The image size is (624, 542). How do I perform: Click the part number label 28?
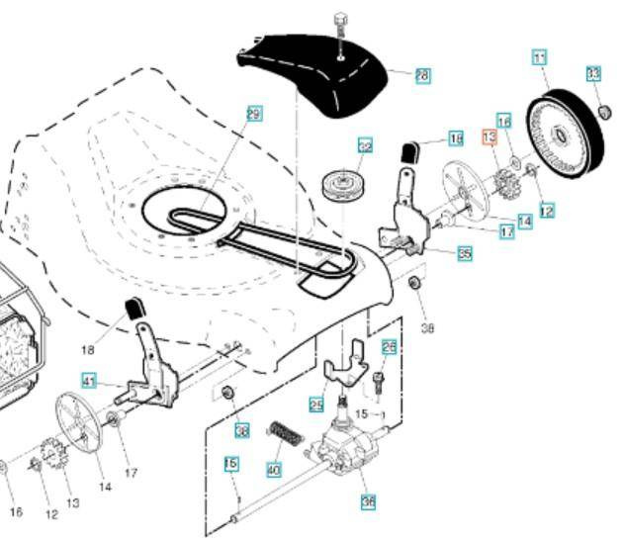click(x=422, y=75)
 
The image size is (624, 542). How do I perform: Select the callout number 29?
click(x=254, y=115)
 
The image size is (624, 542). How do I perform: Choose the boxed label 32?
click(x=365, y=146)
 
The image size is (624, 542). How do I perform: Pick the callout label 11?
click(x=540, y=58)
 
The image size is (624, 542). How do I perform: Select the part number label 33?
click(x=593, y=74)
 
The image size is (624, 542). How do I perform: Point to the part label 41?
click(x=89, y=380)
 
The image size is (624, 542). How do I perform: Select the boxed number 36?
click(x=368, y=501)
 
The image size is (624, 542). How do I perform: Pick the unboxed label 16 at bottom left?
click(x=15, y=511)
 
